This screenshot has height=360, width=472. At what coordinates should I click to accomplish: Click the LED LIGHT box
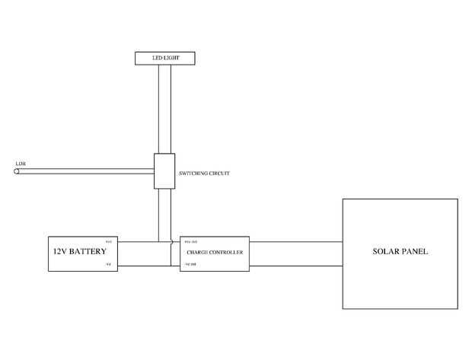click(x=165, y=58)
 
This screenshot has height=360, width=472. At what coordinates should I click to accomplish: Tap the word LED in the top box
click(x=157, y=58)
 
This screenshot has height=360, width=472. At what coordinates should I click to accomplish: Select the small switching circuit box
click(x=164, y=171)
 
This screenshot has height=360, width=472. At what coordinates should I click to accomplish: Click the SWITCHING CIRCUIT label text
click(x=203, y=174)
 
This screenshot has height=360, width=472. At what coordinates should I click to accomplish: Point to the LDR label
click(x=21, y=164)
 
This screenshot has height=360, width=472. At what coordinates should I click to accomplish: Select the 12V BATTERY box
click(x=82, y=253)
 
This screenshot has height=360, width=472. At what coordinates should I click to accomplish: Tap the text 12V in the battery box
click(x=59, y=250)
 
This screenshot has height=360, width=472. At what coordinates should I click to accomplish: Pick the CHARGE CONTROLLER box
click(x=214, y=253)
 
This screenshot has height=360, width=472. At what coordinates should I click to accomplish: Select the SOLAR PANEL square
click(x=400, y=253)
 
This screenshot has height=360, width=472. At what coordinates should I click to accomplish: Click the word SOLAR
click(x=385, y=251)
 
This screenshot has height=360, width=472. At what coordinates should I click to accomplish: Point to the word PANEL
click(x=415, y=251)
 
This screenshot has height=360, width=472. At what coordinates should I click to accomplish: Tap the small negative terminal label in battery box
click(x=108, y=264)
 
